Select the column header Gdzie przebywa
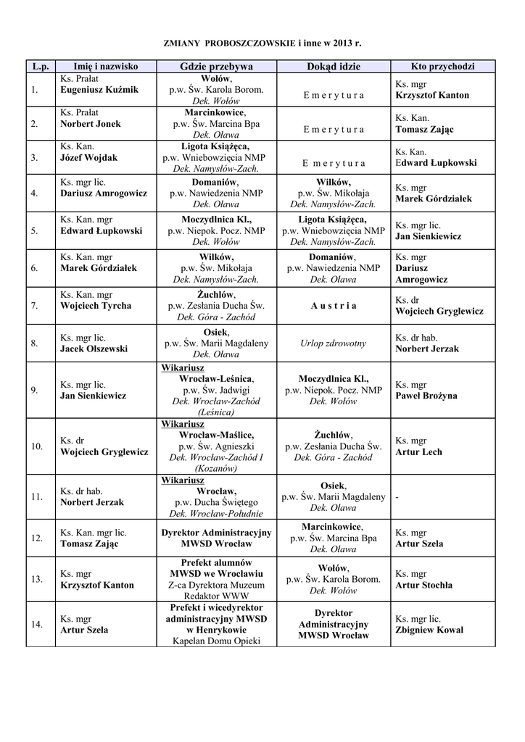click(216, 67)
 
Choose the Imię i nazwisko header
click(106, 67)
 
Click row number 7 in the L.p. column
click(34, 306)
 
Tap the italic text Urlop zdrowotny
click(333, 343)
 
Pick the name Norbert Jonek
click(91, 124)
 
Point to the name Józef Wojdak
click(88, 158)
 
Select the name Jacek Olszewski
click(94, 349)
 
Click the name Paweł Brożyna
click(426, 396)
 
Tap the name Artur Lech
click(418, 452)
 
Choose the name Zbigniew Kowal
click(429, 630)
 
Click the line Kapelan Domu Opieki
click(216, 641)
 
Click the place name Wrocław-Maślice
click(216, 435)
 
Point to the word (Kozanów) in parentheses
click(216, 468)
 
